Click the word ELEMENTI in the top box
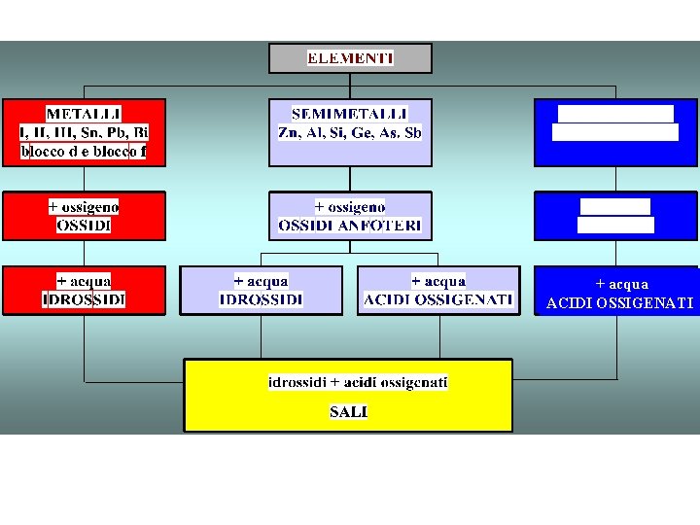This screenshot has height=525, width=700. tap(350, 58)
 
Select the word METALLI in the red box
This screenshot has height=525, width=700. tap(84, 114)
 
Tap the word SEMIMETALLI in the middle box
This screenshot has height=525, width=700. tap(350, 114)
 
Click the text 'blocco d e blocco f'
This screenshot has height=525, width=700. tap(84, 152)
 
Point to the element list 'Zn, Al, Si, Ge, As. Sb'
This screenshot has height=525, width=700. tap(350, 132)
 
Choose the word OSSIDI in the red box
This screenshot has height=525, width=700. tap(84, 226)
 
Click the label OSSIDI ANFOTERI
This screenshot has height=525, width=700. tap(350, 226)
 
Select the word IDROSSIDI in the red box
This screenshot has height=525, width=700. tap(84, 299)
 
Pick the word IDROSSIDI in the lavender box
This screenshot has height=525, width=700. tap(262, 299)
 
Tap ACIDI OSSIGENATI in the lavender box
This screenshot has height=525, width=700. tap(438, 299)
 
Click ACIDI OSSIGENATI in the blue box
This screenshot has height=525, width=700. tap(620, 303)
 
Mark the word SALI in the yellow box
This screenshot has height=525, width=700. tap(348, 412)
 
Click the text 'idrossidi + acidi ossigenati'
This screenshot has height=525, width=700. tap(358, 383)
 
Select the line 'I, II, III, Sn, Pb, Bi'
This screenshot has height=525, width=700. tap(84, 132)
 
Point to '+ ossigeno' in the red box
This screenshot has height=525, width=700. tap(84, 207)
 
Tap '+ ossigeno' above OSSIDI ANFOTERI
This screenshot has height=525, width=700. tap(350, 207)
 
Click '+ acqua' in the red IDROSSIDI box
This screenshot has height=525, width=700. tap(84, 281)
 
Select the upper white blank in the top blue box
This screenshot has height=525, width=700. tap(616, 114)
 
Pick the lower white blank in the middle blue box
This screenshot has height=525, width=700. tap(615, 226)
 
